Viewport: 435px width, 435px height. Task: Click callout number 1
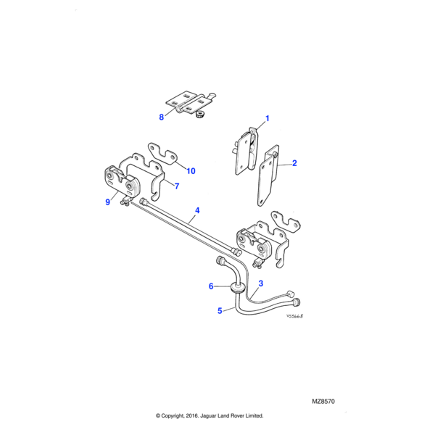click(267, 118)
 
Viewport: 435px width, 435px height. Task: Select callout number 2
click(294, 164)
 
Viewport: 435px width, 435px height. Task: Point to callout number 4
click(196, 212)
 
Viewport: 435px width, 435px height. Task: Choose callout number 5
click(220, 311)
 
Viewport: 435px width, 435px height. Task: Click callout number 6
click(212, 286)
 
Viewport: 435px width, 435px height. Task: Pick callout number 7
click(175, 186)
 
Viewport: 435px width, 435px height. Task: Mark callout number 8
click(162, 116)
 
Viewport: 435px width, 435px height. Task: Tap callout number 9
click(108, 202)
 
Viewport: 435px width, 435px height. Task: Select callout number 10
click(191, 171)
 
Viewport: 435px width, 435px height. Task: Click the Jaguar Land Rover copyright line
click(210, 415)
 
